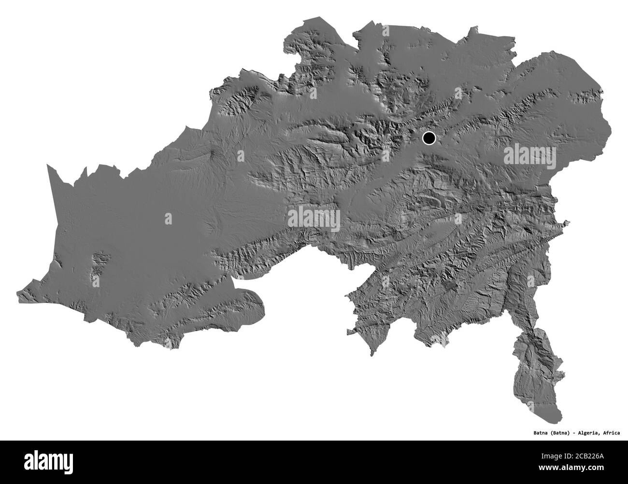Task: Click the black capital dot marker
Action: [428, 138]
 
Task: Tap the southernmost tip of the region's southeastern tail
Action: [556, 419]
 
